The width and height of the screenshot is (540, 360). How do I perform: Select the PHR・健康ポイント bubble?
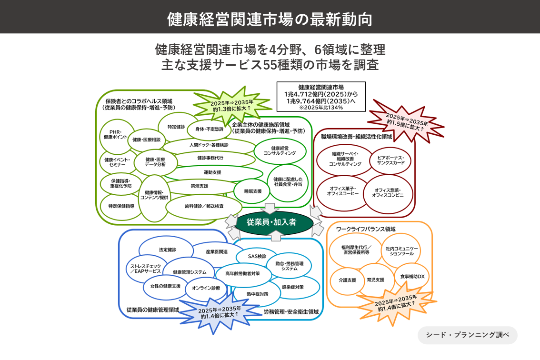116,135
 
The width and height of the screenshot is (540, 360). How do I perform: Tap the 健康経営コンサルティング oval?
280,151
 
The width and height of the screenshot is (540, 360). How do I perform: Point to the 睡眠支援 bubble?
253,191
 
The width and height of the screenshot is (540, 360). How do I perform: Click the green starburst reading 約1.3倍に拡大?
232,106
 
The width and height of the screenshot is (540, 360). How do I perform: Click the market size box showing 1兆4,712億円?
321,97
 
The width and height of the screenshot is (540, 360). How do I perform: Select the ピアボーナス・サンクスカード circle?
390,160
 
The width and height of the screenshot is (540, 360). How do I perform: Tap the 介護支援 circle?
347,280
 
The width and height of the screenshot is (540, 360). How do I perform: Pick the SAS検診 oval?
257,257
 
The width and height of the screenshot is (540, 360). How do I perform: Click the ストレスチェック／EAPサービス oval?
145,269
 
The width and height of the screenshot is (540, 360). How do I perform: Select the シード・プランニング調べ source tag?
467,335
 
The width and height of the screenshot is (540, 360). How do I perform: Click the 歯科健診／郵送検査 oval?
204,206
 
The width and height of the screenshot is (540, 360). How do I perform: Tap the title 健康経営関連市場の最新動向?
270,19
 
